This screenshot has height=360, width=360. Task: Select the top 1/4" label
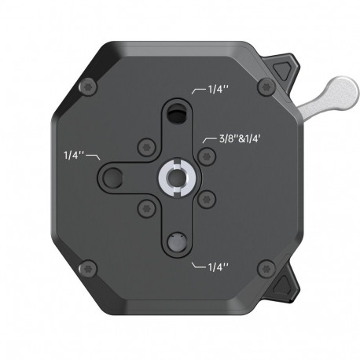click(219, 90)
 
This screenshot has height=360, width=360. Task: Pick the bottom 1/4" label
click(218, 267)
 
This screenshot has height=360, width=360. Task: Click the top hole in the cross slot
click(175, 116)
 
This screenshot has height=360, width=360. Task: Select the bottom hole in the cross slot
click(176, 241)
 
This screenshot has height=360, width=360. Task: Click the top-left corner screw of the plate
click(87, 86)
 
